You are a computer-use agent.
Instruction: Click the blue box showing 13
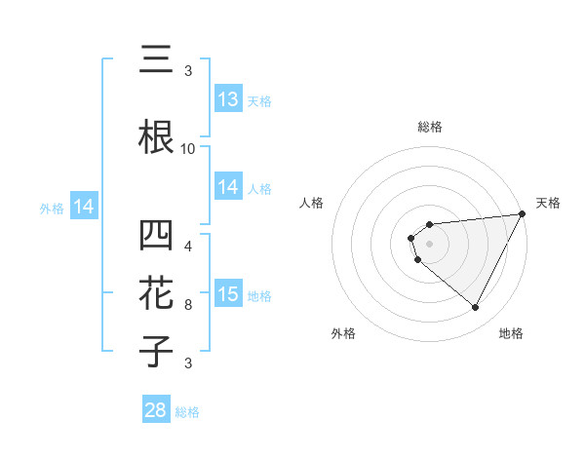click(x=228, y=100)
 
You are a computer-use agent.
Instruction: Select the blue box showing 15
click(x=228, y=295)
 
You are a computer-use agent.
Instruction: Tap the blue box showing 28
click(x=156, y=410)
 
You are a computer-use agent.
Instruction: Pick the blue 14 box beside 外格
click(x=84, y=207)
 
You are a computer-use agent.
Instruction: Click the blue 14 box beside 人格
click(x=228, y=187)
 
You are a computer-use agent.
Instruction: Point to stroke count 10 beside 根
click(x=188, y=148)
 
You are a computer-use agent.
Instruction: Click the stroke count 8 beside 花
click(x=188, y=305)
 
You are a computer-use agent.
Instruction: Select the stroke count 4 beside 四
click(x=188, y=246)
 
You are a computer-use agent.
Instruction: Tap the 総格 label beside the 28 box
click(x=188, y=412)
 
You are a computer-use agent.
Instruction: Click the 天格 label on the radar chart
click(x=549, y=203)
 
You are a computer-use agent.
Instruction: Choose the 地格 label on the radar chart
click(x=511, y=333)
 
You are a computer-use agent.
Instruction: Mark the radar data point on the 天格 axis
click(x=522, y=213)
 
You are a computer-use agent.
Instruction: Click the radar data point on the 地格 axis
click(x=476, y=308)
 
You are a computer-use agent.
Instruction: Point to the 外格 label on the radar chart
click(x=343, y=333)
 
